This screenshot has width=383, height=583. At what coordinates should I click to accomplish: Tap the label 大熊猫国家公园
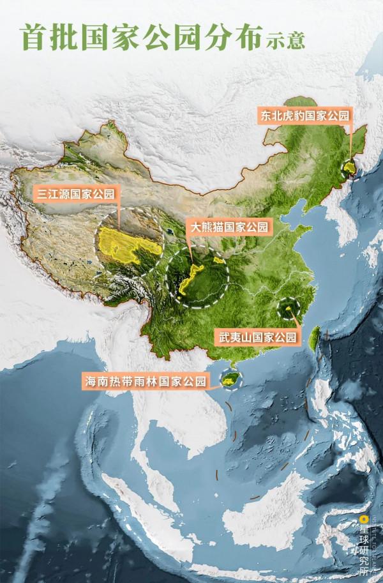click(227, 225)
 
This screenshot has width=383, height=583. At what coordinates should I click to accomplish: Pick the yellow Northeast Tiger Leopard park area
click(349, 168)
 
